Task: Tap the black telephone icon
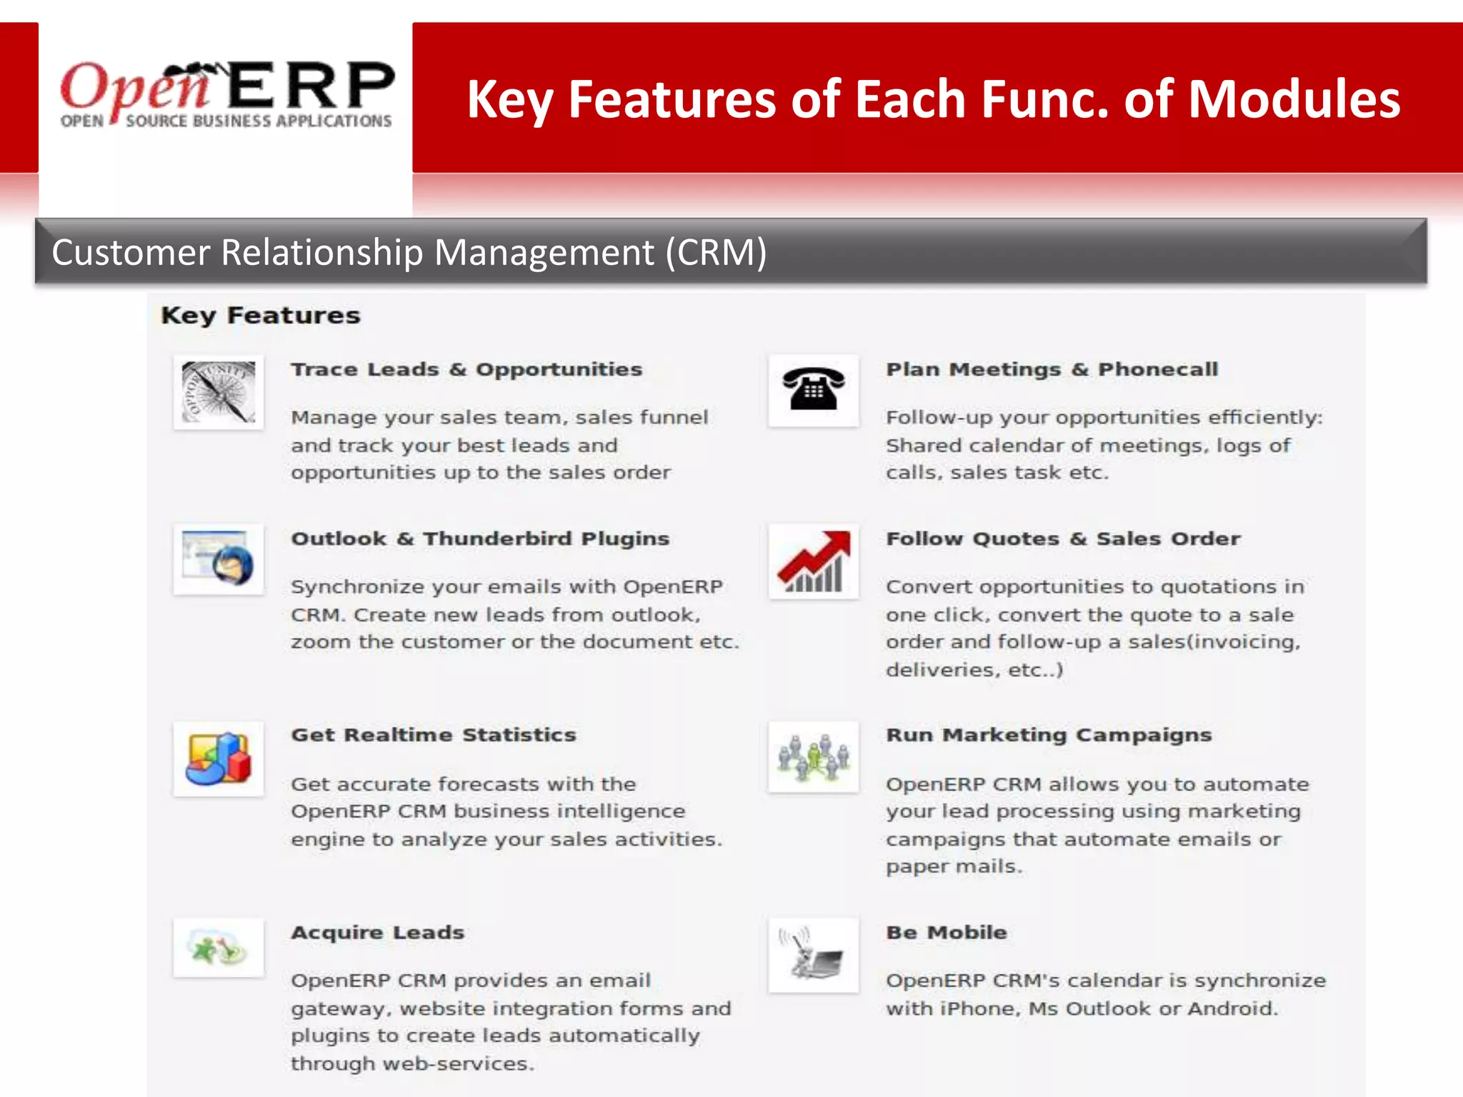pyautogui.click(x=813, y=390)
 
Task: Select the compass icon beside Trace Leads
pyautogui.click(x=219, y=392)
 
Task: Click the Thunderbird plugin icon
pyautogui.click(x=219, y=559)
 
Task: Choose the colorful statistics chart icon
pyautogui.click(x=219, y=758)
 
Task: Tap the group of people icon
pyautogui.click(x=813, y=757)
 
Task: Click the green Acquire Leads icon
pyautogui.click(x=219, y=948)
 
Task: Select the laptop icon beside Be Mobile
pyautogui.click(x=813, y=956)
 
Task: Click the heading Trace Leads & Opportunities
pyautogui.click(x=466, y=369)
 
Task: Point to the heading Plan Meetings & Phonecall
pyautogui.click(x=1052, y=369)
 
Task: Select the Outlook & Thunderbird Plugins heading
pyautogui.click(x=480, y=539)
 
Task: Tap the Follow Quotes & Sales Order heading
pyautogui.click(x=1063, y=539)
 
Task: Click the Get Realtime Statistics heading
pyautogui.click(x=433, y=735)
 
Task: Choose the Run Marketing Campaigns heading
pyautogui.click(x=1049, y=735)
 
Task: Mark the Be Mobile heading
pyautogui.click(x=947, y=932)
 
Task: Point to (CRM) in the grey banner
pyautogui.click(x=716, y=252)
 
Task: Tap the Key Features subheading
pyautogui.click(x=261, y=315)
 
